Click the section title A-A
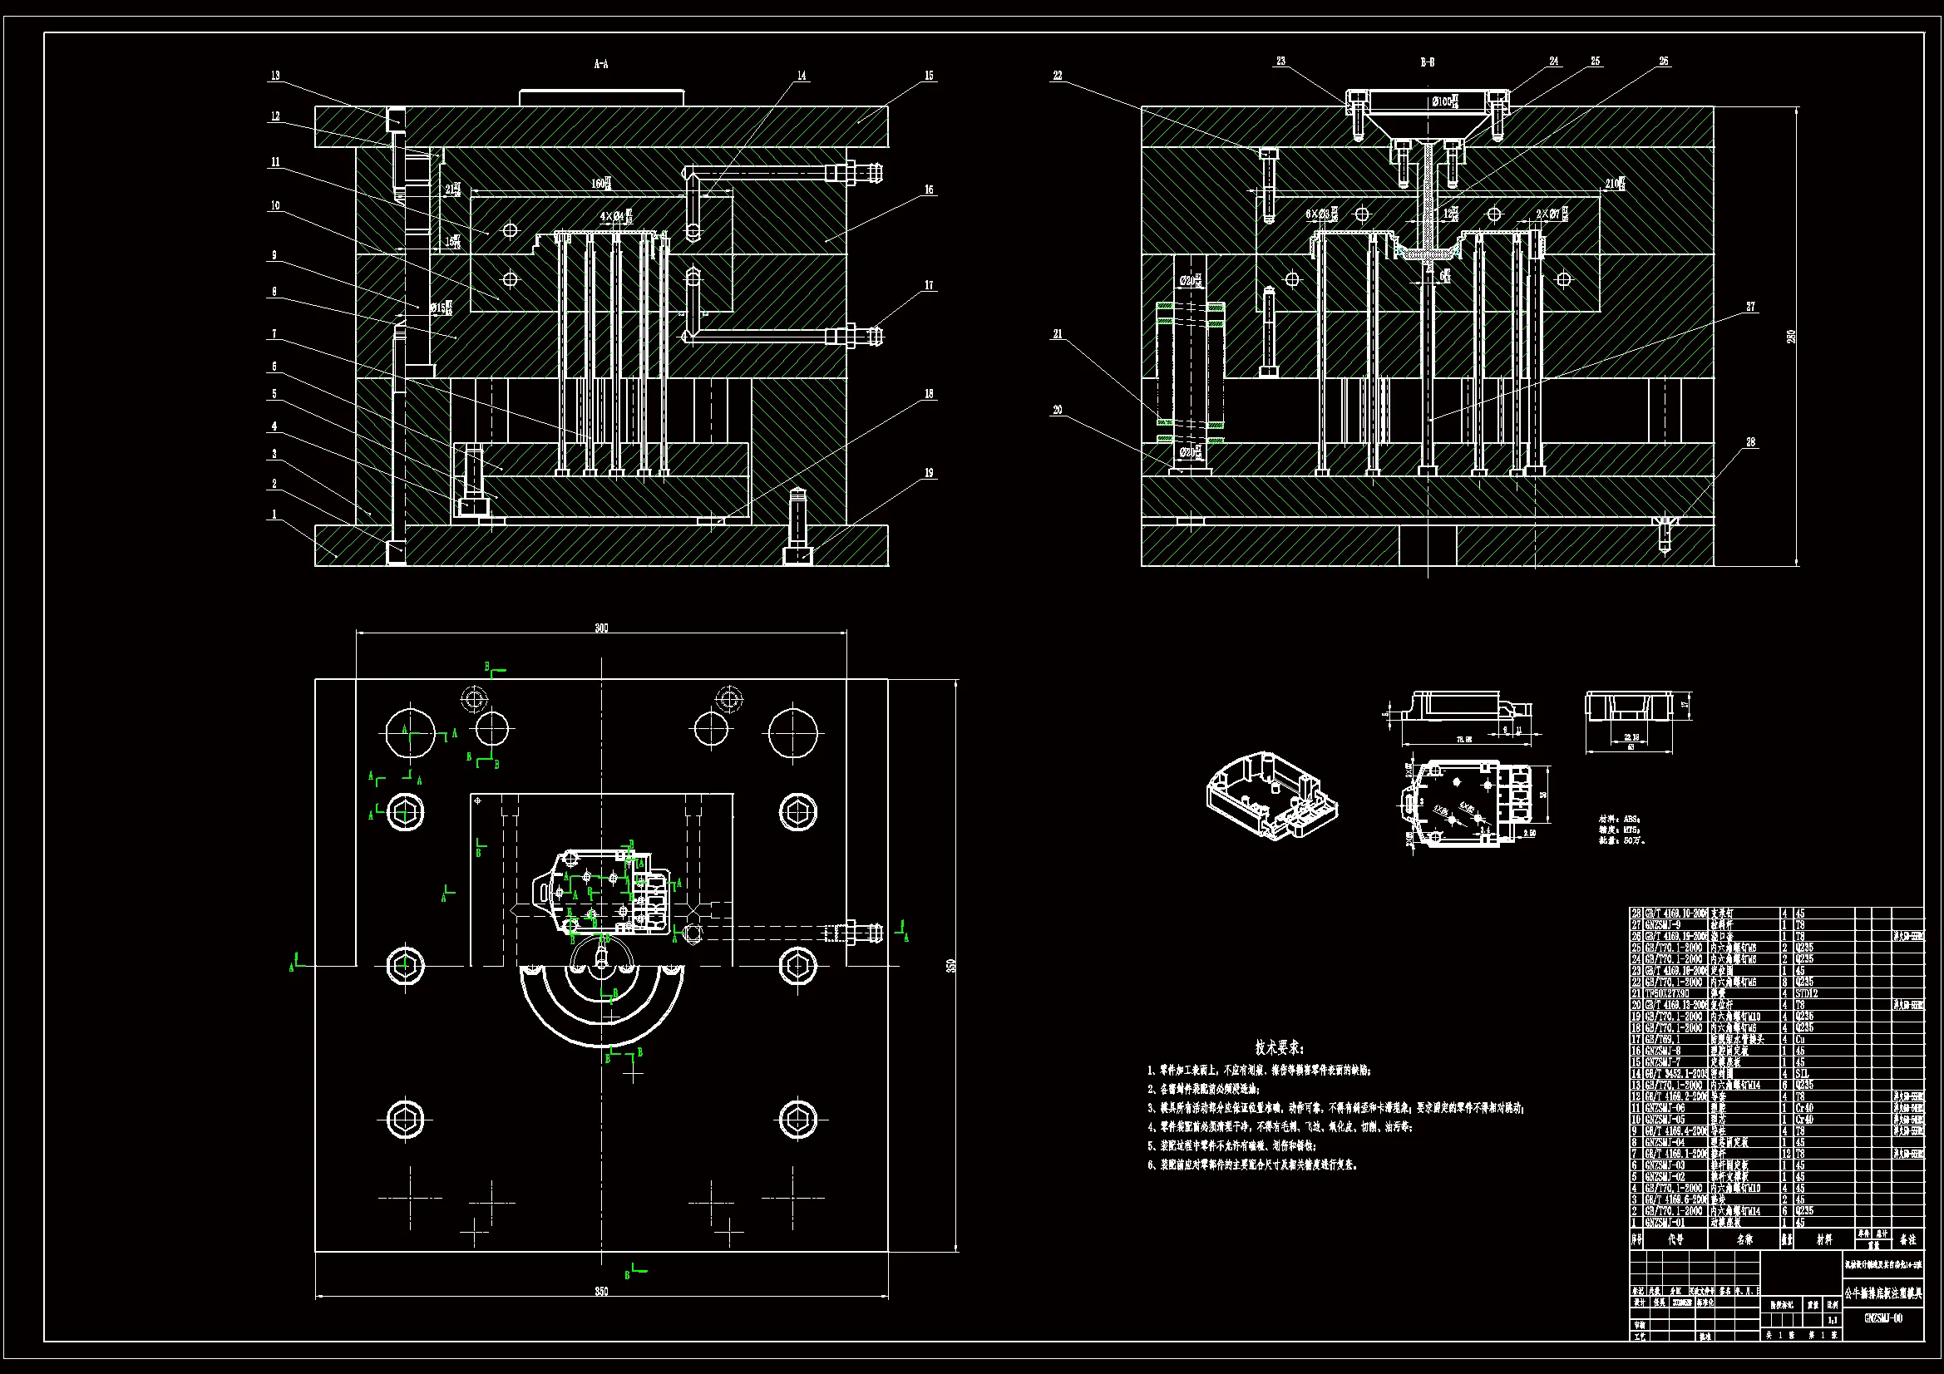[600, 63]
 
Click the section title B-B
[1427, 62]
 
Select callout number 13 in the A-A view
[275, 76]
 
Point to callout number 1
[274, 514]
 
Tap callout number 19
[929, 473]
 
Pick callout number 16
[929, 190]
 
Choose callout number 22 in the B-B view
[1057, 76]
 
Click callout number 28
[1750, 442]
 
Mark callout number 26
[1664, 61]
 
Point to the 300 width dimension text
[601, 628]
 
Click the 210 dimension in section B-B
[1613, 183]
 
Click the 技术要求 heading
[1280, 1047]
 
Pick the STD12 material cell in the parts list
[1806, 994]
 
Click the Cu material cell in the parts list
[1800, 1040]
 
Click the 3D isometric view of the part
[1271, 795]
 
